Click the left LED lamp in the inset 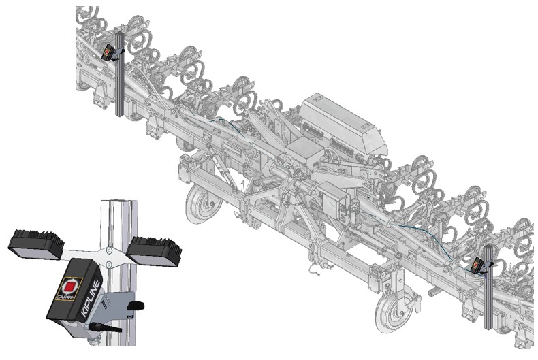point(35,244)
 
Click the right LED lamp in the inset point(155,250)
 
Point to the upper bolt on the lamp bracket point(109,250)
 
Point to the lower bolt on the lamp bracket point(109,264)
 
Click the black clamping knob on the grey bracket point(136,305)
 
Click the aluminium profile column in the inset point(119,271)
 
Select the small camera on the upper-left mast point(109,52)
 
